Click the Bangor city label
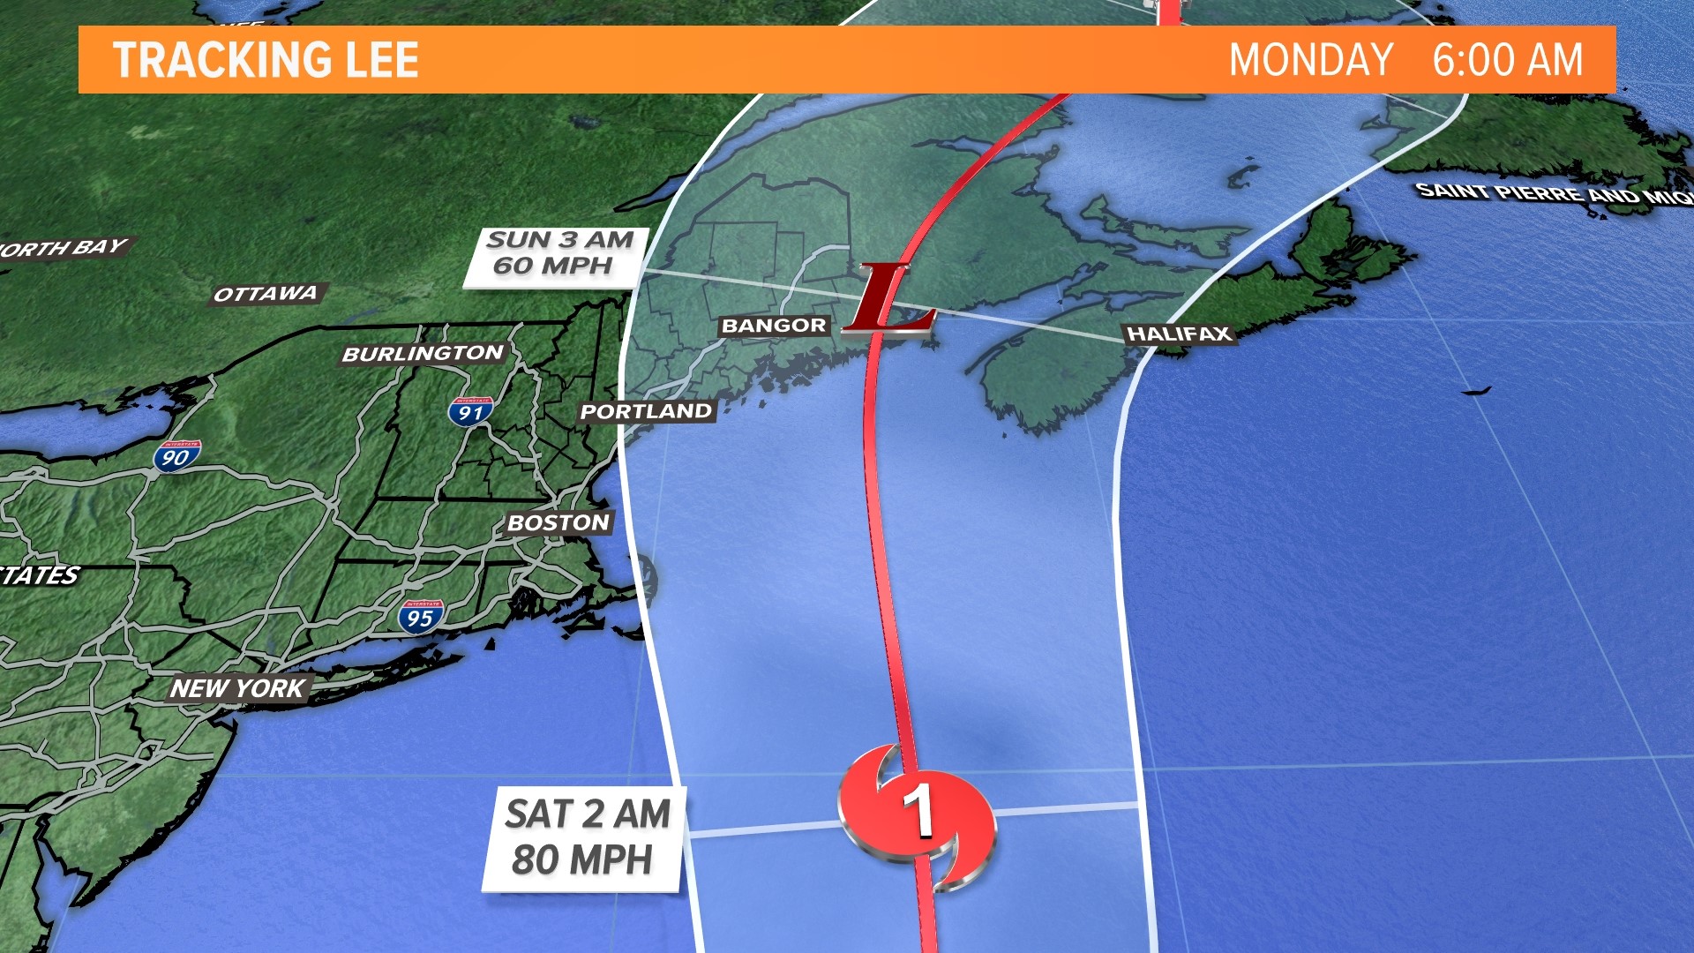pos(774,326)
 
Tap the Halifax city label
pos(1179,334)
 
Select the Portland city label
pos(646,411)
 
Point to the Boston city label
pos(558,523)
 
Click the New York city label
pos(237,688)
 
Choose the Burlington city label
pos(423,354)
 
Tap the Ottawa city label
pos(266,294)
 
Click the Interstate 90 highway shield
pos(176,455)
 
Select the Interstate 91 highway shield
pos(470,411)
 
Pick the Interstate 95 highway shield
pos(420,617)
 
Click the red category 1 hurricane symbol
pos(918,814)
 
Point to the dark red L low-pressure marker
pos(888,302)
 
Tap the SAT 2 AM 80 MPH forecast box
pos(584,837)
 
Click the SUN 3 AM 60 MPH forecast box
pos(556,256)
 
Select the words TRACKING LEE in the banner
pos(266,60)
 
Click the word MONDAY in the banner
pos(1310,60)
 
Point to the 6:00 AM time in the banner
pos(1507,60)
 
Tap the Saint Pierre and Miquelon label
pos(1553,193)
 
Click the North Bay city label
pos(64,248)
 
